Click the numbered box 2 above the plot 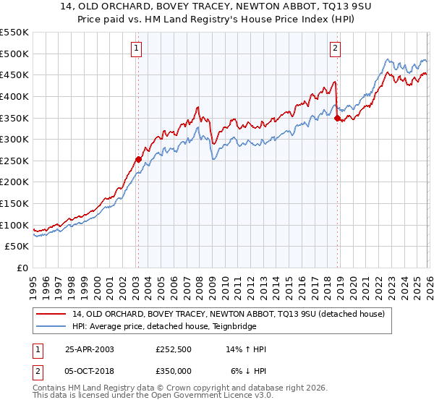click(x=336, y=48)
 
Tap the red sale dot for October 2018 click(x=337, y=118)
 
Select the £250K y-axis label click(x=14, y=161)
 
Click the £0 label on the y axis click(x=22, y=268)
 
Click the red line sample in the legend click(x=51, y=313)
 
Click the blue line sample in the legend click(x=51, y=326)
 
